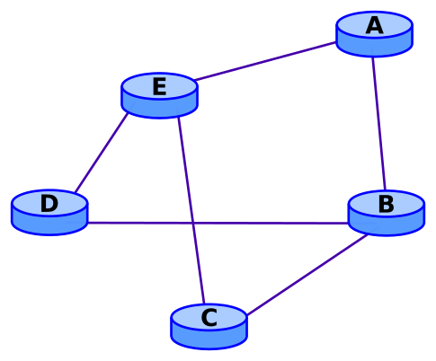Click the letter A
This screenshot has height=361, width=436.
[x=374, y=26]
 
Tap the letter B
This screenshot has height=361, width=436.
[x=386, y=205]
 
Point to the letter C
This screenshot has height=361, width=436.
[x=209, y=318]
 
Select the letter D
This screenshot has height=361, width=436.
[x=49, y=204]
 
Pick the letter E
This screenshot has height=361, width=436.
[x=159, y=87]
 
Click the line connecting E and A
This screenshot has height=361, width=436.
[x=266, y=61]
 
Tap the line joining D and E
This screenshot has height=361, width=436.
[x=101, y=153]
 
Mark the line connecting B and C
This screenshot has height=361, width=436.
[x=306, y=275]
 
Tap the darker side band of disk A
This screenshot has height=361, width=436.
[x=374, y=46]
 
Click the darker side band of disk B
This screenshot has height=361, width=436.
[x=386, y=225]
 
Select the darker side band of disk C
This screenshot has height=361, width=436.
[x=209, y=339]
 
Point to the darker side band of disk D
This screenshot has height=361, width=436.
[x=49, y=225]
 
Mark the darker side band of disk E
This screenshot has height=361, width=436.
[x=159, y=108]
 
